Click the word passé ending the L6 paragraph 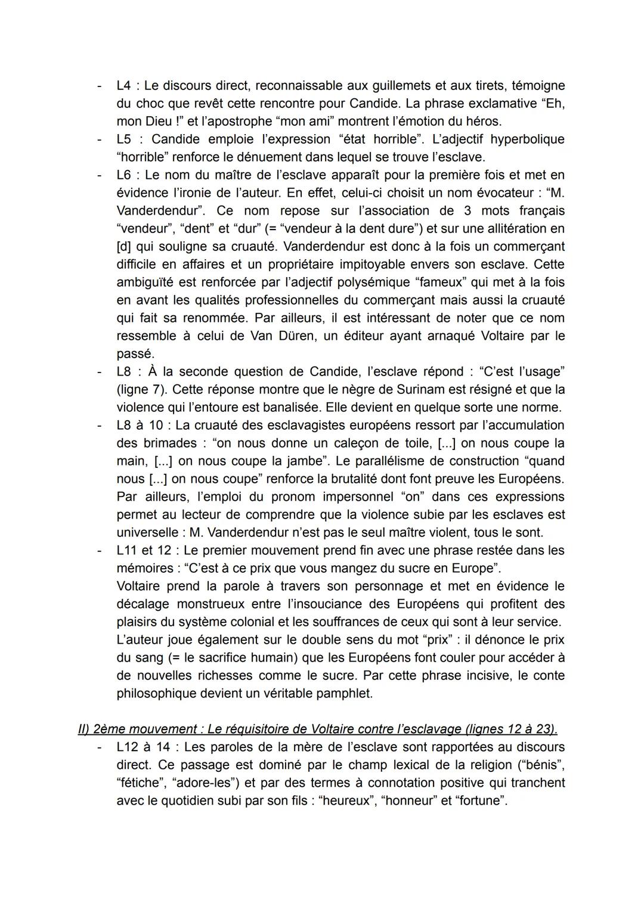coord(135,353)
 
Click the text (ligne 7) coord(141,389)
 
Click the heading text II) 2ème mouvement coord(138,729)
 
